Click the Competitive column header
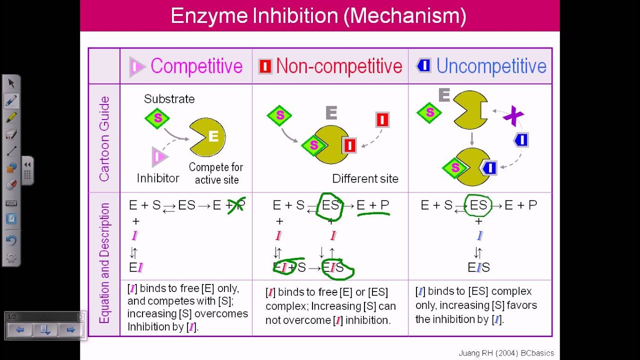[196, 66]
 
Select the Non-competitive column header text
[339, 66]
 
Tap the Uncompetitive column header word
[491, 66]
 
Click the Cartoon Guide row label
[104, 138]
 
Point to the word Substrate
[169, 99]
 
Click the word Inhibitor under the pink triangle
[158, 178]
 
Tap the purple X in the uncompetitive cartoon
[513, 116]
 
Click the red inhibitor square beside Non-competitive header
[265, 66]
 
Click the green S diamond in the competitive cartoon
[157, 118]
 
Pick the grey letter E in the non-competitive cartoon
[331, 113]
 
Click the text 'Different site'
[365, 178]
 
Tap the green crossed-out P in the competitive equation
[237, 205]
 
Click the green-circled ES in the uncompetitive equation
[478, 205]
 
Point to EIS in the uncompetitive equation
[478, 267]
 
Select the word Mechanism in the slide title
[405, 16]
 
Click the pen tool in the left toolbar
[11, 100]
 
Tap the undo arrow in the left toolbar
[11, 240]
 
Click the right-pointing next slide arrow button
[70, 330]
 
